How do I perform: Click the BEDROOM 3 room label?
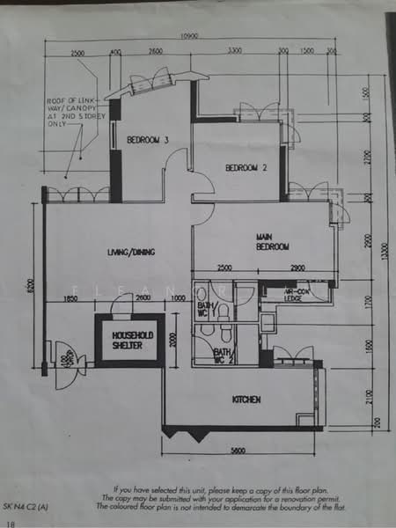pyautogui.click(x=148, y=140)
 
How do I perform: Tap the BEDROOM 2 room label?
pyautogui.click(x=246, y=167)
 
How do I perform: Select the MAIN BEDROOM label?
pyautogui.click(x=273, y=242)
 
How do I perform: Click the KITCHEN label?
pyautogui.click(x=246, y=400)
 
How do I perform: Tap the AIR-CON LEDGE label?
pyautogui.click(x=302, y=295)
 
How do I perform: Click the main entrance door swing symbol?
pyautogui.click(x=65, y=364)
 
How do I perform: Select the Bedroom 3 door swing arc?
pyautogui.click(x=176, y=162)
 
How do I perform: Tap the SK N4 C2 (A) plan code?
pyautogui.click(x=27, y=509)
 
